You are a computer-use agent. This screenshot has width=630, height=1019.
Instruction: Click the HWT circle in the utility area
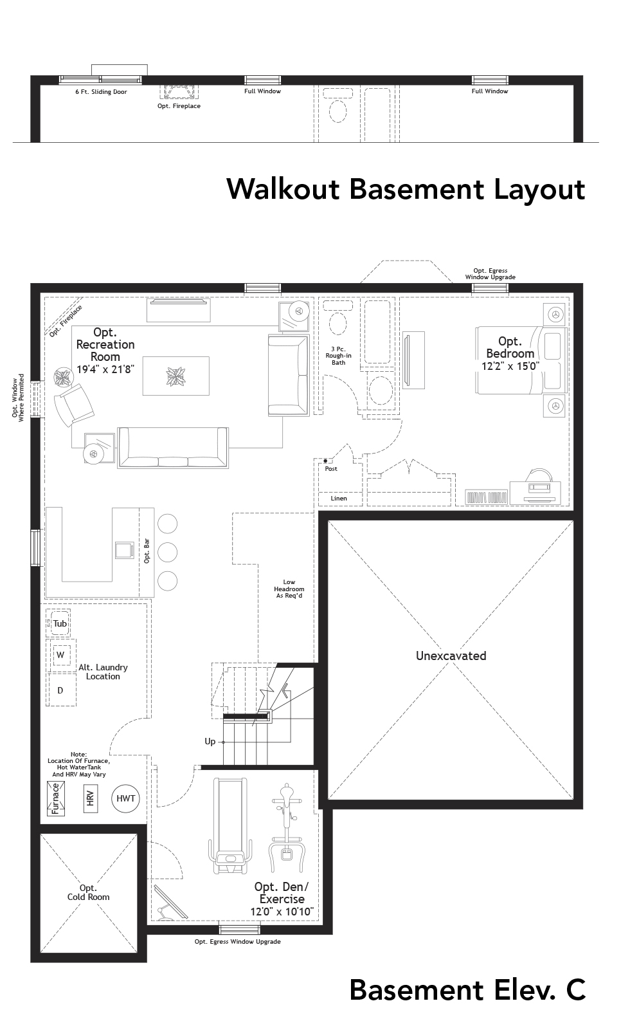126,798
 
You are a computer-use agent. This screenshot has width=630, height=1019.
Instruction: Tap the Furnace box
56,798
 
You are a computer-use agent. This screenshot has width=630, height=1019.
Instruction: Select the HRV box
91,798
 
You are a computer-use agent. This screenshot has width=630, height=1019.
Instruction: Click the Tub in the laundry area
59,623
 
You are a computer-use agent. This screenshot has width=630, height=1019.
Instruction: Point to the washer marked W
61,655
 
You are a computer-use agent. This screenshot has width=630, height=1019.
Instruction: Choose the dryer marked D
61,690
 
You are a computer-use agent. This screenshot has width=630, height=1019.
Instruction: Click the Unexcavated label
451,656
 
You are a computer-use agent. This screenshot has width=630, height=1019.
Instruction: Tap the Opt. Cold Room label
88,892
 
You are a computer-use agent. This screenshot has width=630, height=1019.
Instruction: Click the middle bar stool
166,552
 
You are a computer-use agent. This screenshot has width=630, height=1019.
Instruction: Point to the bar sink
123,551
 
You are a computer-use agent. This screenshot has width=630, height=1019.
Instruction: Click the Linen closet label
339,498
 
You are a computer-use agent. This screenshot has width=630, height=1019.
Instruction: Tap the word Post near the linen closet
331,468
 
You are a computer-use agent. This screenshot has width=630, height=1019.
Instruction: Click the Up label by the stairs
210,741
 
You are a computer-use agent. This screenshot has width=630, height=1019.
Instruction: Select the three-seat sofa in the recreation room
173,447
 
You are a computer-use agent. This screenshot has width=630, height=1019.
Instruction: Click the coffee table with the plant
175,376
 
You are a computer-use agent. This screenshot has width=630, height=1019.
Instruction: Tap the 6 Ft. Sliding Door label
101,92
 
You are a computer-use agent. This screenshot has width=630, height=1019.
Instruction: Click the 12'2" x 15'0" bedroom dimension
510,365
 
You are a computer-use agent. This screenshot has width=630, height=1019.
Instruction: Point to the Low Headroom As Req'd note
289,589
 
